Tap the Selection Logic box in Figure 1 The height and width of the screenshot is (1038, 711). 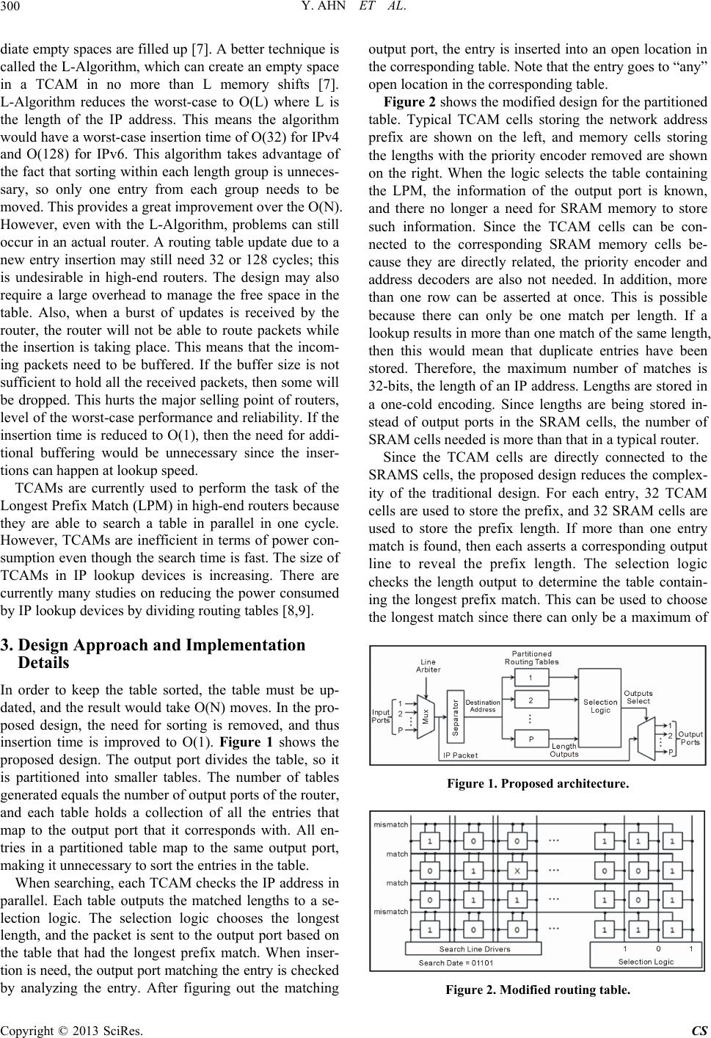point(600,706)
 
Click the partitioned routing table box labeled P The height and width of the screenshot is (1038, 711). point(530,739)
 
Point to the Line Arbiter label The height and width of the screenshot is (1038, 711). point(429,666)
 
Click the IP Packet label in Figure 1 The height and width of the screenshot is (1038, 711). point(461,754)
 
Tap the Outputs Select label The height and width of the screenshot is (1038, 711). point(638,697)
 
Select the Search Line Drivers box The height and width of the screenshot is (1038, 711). point(475,948)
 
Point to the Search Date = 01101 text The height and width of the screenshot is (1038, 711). point(455,962)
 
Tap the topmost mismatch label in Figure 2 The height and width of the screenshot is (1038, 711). point(391,824)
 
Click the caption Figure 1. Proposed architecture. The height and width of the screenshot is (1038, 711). point(537,784)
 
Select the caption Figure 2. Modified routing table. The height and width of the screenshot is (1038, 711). point(537,990)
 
